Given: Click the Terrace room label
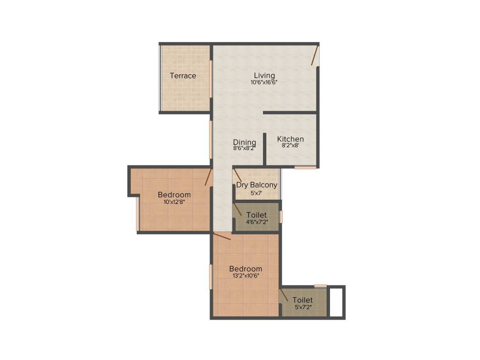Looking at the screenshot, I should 183,75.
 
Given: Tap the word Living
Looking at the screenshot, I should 264,75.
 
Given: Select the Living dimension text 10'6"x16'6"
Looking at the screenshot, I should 264,82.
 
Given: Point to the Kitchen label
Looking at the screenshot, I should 290,139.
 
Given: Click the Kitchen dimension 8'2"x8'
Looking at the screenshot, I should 290,146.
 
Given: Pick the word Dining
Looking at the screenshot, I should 245,142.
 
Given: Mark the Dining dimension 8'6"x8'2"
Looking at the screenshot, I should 245,149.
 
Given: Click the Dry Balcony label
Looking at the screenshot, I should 256,185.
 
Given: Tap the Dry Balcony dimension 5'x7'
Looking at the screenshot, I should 256,192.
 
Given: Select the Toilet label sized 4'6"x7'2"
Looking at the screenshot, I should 256,215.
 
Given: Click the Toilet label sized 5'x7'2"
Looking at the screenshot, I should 302,300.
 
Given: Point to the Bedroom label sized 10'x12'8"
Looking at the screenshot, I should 174,195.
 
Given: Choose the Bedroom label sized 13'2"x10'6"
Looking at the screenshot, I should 245,269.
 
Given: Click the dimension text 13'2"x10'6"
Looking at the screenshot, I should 245,276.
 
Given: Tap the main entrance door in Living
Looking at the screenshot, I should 316,55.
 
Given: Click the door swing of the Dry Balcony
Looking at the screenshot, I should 238,174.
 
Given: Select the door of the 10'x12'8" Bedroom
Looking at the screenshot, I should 209,177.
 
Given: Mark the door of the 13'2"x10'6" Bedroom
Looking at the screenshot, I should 222,235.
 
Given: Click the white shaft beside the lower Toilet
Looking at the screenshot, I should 336,302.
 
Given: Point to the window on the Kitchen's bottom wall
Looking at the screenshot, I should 305,167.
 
